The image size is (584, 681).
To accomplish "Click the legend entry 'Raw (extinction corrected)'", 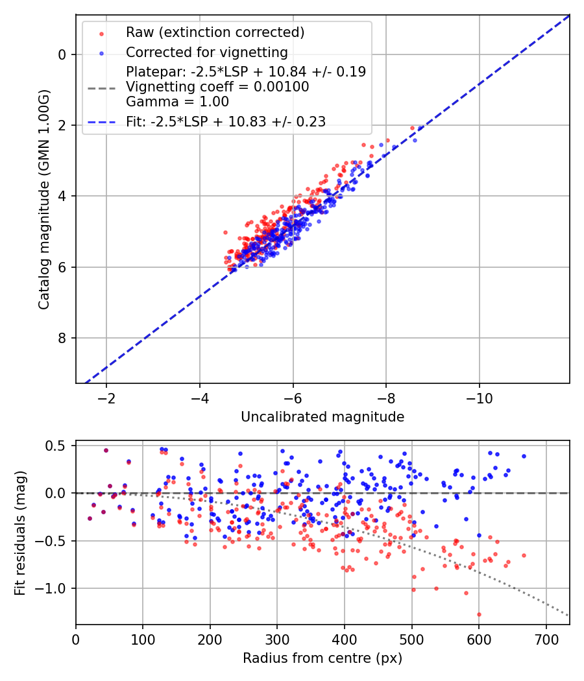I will (215, 32).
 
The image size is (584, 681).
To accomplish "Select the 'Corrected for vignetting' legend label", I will (206, 52).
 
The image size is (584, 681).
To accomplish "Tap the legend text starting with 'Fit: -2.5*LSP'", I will (225, 121).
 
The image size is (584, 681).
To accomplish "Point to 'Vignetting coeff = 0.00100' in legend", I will (217, 87).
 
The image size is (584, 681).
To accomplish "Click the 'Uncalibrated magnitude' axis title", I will (322, 417).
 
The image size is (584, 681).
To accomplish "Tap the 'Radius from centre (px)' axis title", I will (322, 658).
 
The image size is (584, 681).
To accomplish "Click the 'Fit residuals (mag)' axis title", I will (20, 533).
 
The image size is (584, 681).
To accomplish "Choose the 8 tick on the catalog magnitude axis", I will (62, 338).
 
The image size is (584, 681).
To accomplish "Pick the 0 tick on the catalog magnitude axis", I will (62, 54).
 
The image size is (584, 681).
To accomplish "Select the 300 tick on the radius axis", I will (277, 639).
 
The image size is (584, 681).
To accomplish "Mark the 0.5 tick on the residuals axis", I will (58, 446).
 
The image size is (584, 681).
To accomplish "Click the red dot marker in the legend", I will (101, 32).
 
